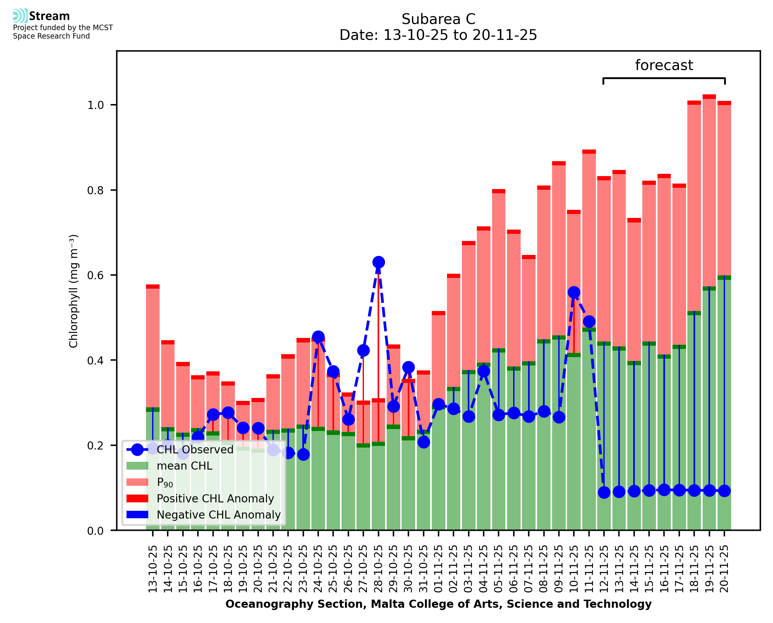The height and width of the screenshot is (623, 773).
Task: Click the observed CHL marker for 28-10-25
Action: (378, 262)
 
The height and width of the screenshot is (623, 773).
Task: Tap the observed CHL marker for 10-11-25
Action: (574, 293)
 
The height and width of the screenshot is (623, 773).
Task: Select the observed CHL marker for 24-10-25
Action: (318, 337)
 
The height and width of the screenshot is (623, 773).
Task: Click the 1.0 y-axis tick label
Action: (95, 105)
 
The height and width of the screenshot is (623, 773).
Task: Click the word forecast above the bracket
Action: (664, 65)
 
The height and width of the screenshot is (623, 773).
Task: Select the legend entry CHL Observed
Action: (195, 450)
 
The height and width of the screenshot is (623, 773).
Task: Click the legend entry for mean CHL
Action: (185, 466)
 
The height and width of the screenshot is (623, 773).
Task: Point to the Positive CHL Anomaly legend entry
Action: (215, 498)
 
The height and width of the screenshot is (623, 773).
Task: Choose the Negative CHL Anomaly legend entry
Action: (219, 515)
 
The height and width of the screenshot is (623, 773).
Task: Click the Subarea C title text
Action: (438, 19)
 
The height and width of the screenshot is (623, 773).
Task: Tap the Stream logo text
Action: (49, 16)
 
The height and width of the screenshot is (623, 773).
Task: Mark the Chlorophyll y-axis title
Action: (74, 291)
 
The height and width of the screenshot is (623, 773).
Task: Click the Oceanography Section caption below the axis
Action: (438, 604)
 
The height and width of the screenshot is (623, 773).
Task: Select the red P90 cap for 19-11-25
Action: (709, 97)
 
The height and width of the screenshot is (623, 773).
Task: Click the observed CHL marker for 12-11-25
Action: (604, 492)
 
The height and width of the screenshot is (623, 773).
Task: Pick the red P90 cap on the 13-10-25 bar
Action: (153, 286)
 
